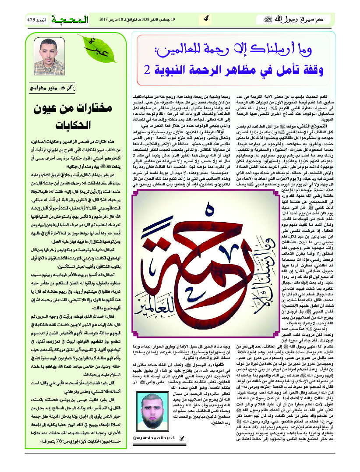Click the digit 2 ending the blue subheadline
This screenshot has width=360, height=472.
147,68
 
